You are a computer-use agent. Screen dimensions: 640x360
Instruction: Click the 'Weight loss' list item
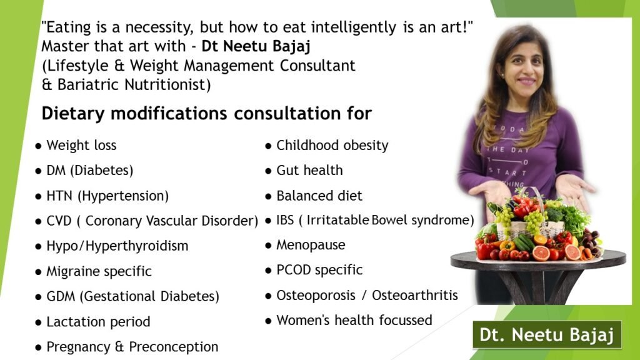coord(81,145)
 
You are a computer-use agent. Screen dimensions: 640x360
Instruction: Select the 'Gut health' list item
coord(309,170)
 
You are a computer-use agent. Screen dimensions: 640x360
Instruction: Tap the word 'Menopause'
coord(311,245)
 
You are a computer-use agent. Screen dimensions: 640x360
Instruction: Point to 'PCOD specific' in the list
coord(319,270)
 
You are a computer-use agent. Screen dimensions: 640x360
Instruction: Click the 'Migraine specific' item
coord(99,271)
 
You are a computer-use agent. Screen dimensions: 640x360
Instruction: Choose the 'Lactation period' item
coord(98,322)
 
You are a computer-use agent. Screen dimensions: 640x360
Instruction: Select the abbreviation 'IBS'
coord(285,220)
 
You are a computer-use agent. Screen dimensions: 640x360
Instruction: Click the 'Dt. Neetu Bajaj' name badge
coord(547,335)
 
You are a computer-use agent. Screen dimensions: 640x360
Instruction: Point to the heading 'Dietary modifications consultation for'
coord(206,114)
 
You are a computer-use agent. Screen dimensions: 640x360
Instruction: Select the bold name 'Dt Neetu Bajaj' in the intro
coord(256,46)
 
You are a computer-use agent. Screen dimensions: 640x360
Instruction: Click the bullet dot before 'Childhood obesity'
coord(268,146)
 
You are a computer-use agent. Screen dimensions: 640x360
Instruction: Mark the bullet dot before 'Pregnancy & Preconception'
coord(38,347)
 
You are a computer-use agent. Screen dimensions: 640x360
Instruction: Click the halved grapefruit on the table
coord(541,253)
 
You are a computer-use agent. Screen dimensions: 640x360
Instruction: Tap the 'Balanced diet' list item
coord(319,196)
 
